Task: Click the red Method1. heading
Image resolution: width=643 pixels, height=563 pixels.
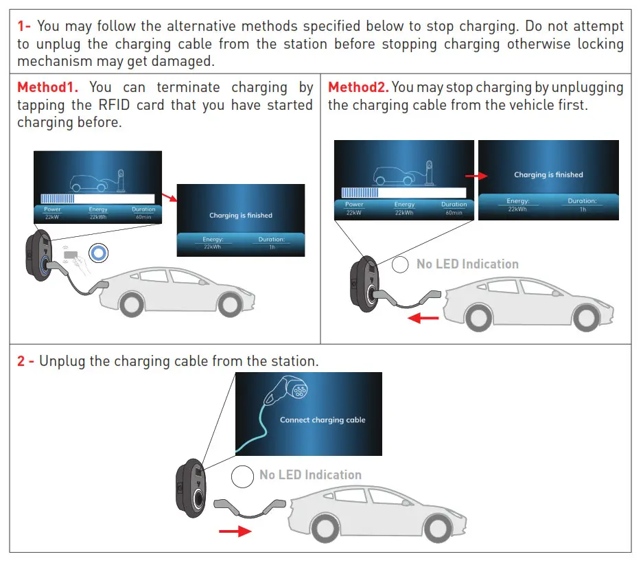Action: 48,88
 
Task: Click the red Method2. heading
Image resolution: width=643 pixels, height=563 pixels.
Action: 358,88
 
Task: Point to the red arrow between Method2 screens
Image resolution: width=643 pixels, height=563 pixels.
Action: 475,176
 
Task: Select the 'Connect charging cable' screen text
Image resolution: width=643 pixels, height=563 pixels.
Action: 322,420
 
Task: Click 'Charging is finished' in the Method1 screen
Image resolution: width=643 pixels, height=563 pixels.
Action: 240,216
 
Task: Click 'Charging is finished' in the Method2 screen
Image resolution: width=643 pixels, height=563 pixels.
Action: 548,175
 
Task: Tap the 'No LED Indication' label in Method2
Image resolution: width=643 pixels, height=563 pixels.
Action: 467,264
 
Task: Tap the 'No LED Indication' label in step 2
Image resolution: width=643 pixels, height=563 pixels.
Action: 310,475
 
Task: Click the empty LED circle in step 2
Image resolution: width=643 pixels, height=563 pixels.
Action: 242,476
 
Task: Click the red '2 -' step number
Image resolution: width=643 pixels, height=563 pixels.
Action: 25,361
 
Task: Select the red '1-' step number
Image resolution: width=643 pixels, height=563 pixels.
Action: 24,27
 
